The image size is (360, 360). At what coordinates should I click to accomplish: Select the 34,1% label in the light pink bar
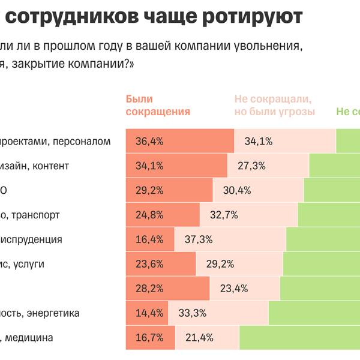pyautogui.click(x=259, y=142)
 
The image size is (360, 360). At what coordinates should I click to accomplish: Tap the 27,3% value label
pyautogui.click(x=251, y=166)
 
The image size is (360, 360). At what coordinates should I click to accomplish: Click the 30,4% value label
pyautogui.click(x=237, y=191)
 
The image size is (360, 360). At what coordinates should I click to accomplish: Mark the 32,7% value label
pyautogui.click(x=224, y=215)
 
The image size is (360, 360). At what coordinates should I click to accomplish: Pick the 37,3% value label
pyautogui.click(x=199, y=239)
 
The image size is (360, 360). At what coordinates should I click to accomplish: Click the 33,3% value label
pyautogui.click(x=193, y=313)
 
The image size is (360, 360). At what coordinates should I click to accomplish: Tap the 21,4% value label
pyautogui.click(x=199, y=338)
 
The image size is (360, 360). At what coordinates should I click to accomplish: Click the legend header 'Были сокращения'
pyautogui.click(x=158, y=105)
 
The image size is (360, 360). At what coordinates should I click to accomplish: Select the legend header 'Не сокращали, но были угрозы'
pyautogui.click(x=275, y=105)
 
